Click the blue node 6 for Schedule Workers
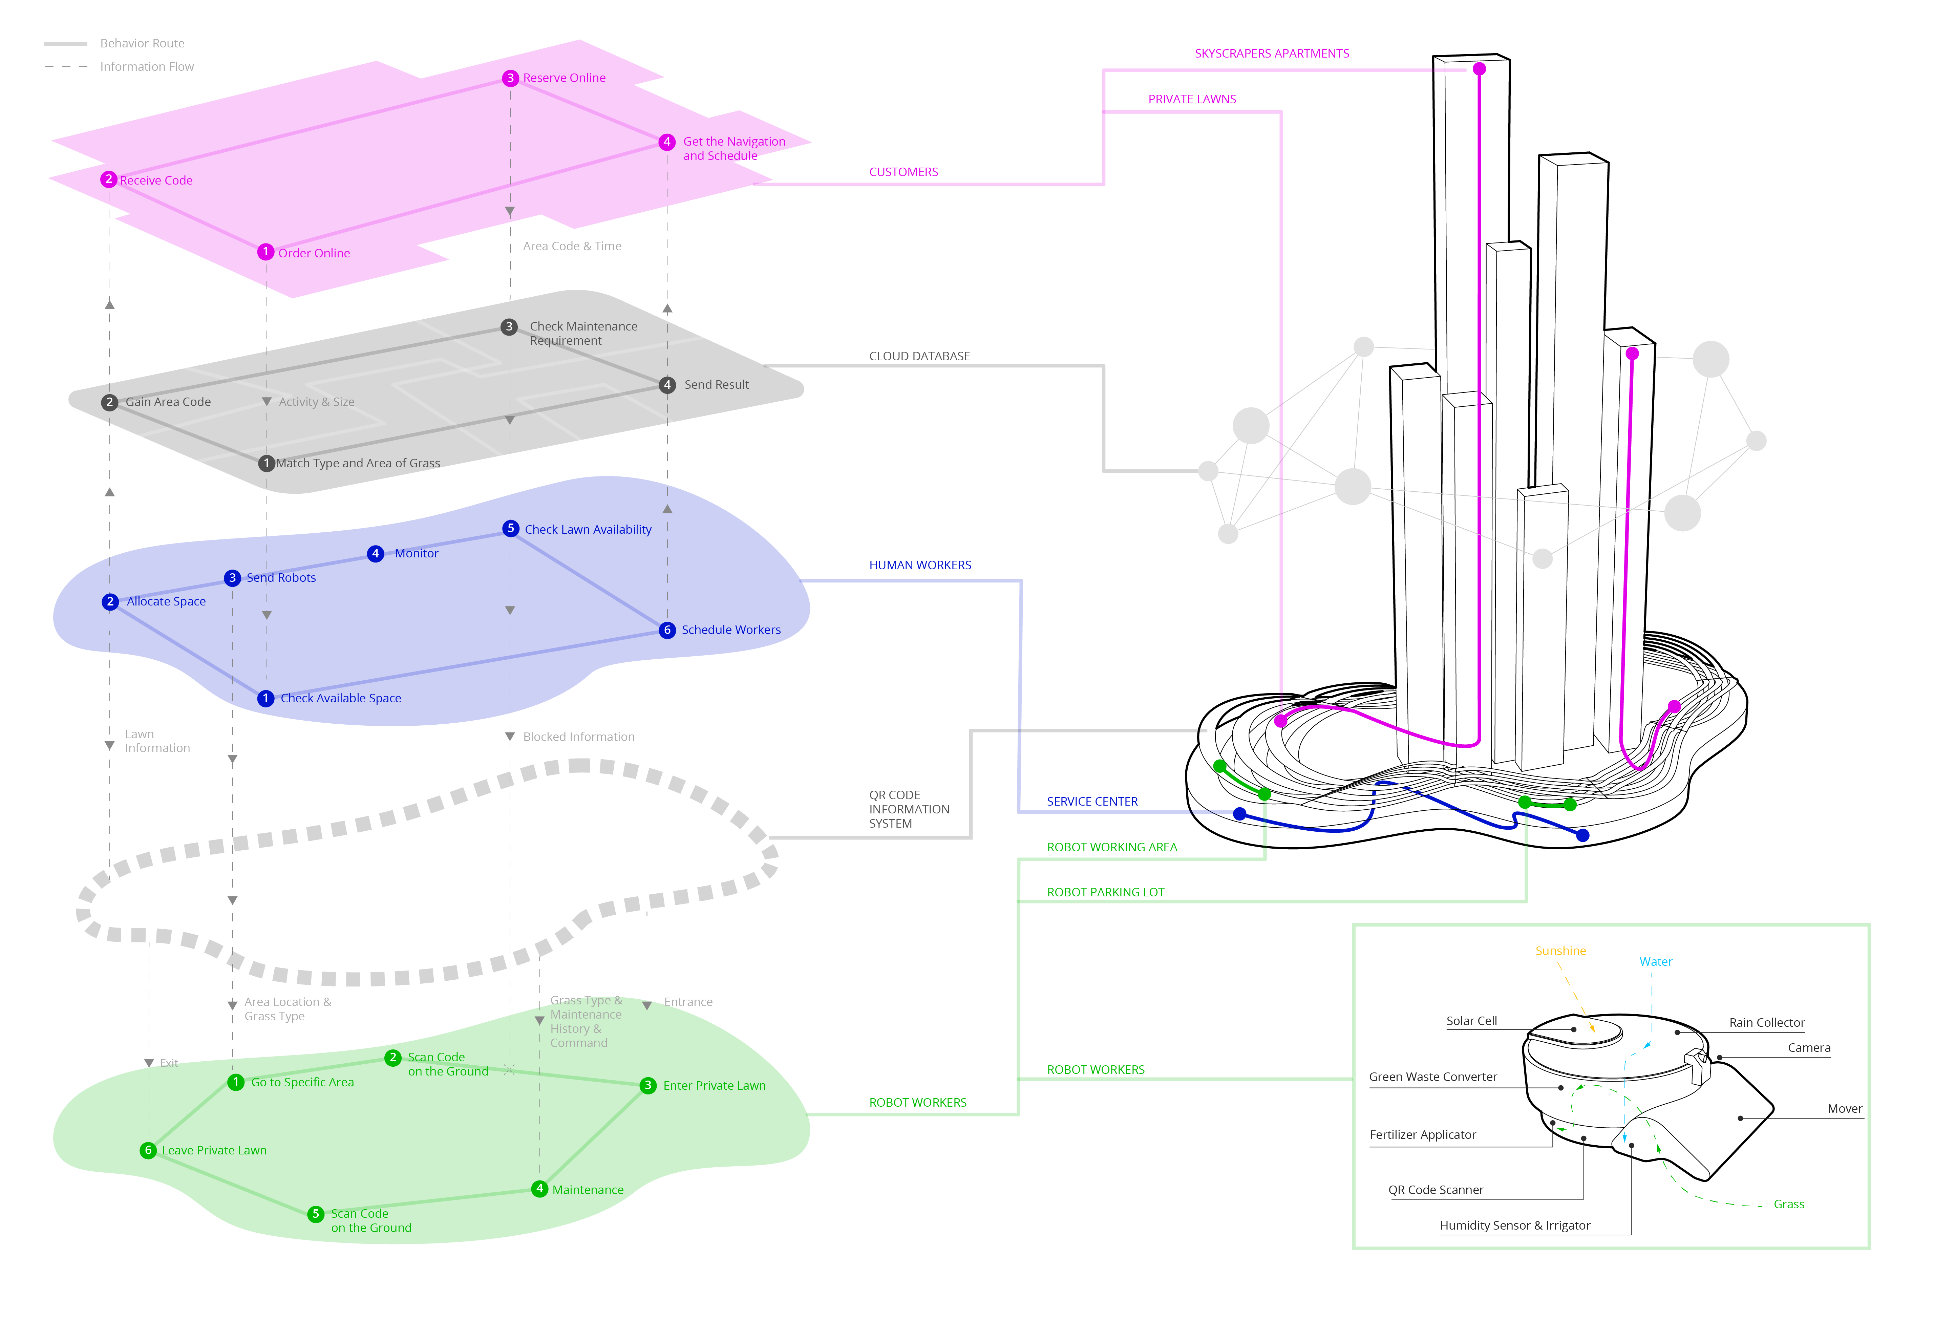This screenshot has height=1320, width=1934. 666,630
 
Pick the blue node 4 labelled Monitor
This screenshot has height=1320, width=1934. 375,553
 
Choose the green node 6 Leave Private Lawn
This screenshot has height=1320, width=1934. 148,1150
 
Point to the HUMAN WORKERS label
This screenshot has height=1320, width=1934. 919,565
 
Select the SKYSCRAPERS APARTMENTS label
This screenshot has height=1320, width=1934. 1272,53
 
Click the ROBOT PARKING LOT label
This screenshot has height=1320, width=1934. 1105,892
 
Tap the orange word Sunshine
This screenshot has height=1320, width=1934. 1560,951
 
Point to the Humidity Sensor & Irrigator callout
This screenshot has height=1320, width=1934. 1514,1225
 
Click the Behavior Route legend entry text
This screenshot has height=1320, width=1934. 142,43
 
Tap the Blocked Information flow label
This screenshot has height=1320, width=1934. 578,737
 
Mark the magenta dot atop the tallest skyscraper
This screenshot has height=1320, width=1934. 1479,69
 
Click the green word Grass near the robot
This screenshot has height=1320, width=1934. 1788,1204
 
